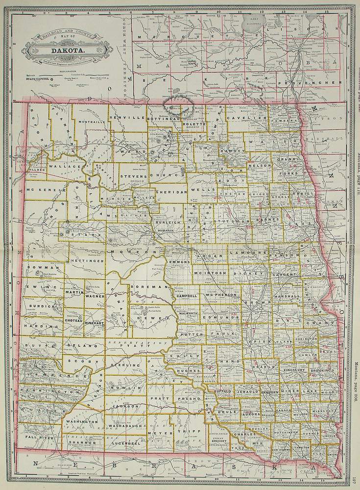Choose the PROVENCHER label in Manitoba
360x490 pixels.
[x=309, y=83]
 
